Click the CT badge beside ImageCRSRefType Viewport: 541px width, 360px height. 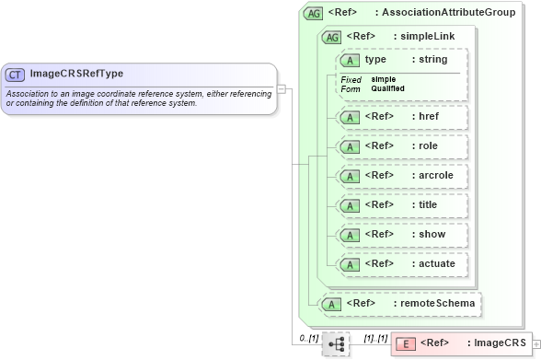(x=16, y=75)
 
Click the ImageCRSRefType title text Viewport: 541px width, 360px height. (x=76, y=74)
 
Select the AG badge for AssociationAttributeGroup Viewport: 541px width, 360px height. (x=314, y=13)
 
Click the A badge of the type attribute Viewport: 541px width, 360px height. (x=351, y=60)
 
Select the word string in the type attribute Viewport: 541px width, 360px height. (x=432, y=60)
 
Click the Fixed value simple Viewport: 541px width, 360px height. (x=383, y=79)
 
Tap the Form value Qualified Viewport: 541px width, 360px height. (x=388, y=88)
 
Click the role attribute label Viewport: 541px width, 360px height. (x=428, y=146)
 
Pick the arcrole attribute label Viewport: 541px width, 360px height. (x=435, y=176)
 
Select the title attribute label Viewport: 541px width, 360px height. (x=428, y=205)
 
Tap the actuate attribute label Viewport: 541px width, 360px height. (x=435, y=264)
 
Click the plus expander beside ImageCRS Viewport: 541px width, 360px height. (x=536, y=344)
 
